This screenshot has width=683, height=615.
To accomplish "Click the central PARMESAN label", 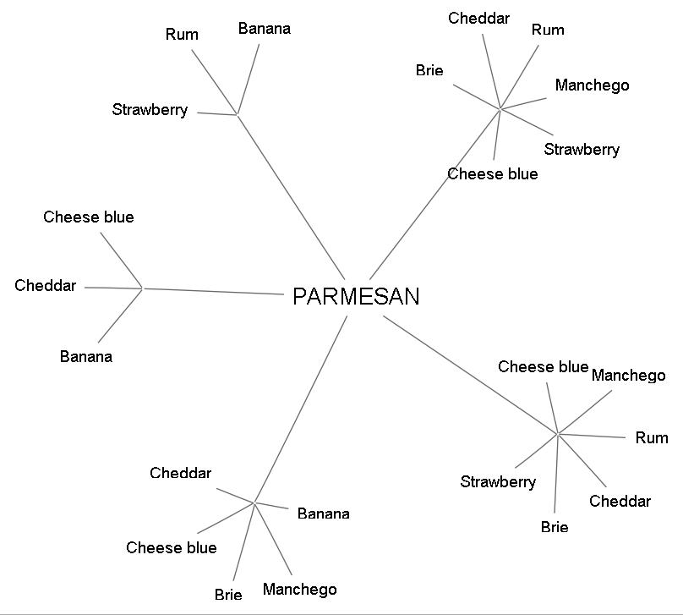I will pos(356,296).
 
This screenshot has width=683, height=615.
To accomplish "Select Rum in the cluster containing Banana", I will pos(182,35).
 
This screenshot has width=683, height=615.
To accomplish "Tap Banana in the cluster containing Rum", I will pos(264,29).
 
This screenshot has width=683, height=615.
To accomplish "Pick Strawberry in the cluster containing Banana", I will pos(150,110).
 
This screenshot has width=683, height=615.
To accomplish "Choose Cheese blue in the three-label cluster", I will pos(88,217).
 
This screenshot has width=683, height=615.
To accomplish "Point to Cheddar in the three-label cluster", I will pos(45,286).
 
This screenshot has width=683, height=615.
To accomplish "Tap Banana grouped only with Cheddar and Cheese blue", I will pos(85,357).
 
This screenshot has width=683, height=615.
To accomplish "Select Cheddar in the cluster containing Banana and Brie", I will pos(180,474).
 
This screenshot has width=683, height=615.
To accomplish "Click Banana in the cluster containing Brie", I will pos(323,513).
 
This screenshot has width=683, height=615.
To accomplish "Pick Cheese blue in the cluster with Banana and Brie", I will pos(171,548).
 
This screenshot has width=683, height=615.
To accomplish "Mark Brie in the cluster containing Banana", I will pos(227,595).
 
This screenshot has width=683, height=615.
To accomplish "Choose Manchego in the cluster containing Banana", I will pos(299,590).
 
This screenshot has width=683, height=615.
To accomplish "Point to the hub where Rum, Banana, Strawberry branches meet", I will pos(237,113).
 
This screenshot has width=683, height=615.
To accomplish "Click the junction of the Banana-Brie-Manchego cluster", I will pos(254,503).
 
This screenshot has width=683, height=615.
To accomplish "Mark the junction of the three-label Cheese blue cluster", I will pos(142,288).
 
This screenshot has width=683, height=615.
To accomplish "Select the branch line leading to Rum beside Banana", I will pos(214,81).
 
